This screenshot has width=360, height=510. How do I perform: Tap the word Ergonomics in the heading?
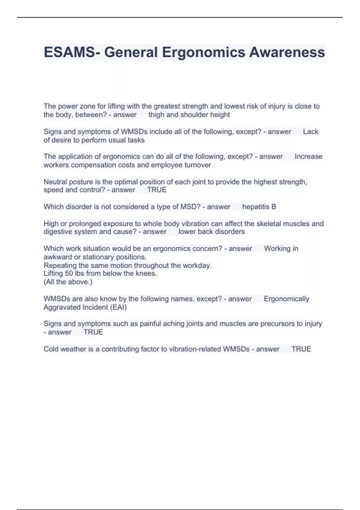tap(204, 52)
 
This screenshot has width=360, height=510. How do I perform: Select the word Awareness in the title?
tap(287, 52)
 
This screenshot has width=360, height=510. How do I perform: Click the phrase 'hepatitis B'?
tap(259, 207)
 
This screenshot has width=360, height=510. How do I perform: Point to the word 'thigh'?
tap(156, 115)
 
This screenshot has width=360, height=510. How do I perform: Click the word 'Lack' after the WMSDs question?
tap(310, 132)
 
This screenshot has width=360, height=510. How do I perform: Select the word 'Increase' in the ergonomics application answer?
tap(308, 157)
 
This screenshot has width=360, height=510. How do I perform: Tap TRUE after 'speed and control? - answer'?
tap(157, 190)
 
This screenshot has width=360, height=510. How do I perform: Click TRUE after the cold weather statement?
tap(301, 349)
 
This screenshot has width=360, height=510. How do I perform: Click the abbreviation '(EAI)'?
tap(118, 307)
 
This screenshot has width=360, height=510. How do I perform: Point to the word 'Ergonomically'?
tap(286, 299)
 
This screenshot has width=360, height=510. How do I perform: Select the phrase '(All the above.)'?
tap(68, 282)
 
